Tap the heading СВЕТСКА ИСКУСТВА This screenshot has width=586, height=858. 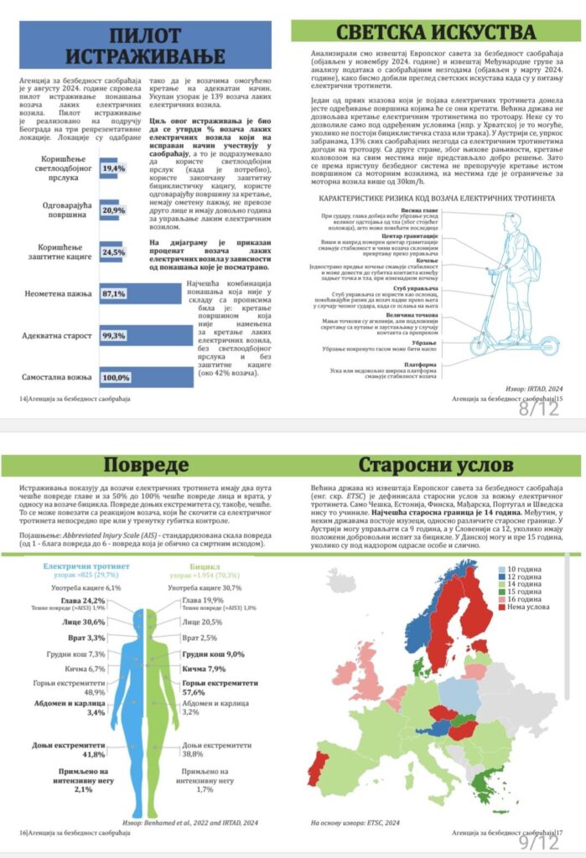434,32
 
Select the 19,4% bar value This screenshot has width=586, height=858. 113,169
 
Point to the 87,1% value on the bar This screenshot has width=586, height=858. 114,294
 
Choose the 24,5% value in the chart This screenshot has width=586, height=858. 113,251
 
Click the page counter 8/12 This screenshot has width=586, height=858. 537,411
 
